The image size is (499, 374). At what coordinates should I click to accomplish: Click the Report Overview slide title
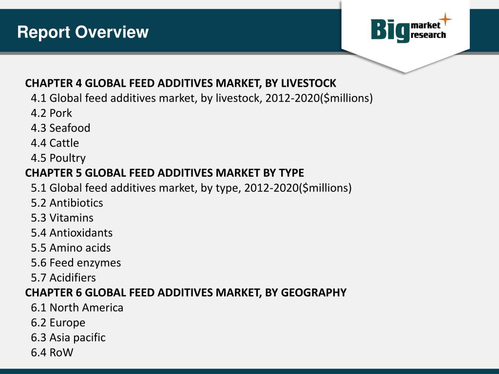(x=82, y=32)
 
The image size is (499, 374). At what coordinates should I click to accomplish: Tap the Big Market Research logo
(x=407, y=30)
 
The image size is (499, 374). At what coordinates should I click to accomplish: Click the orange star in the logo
(x=444, y=20)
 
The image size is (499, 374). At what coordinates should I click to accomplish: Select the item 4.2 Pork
(x=51, y=113)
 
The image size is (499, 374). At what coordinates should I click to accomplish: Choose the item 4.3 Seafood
(x=60, y=128)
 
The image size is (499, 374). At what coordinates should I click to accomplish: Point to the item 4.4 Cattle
(x=55, y=143)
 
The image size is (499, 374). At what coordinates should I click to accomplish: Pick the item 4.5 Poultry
(x=58, y=158)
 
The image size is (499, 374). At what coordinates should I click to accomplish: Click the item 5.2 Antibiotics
(x=67, y=203)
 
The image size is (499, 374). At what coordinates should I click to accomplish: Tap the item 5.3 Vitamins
(x=62, y=218)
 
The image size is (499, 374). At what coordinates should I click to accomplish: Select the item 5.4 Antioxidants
(x=72, y=233)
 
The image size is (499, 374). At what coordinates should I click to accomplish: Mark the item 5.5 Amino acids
(x=71, y=248)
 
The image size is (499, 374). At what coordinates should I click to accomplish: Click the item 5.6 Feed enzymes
(x=76, y=263)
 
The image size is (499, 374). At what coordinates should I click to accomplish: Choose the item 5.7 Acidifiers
(x=63, y=278)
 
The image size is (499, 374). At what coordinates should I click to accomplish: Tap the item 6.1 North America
(x=77, y=308)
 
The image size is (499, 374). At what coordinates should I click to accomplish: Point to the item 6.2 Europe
(x=58, y=323)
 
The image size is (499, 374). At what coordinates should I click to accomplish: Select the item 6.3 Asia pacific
(x=68, y=337)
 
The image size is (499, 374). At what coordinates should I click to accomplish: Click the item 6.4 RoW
(x=52, y=353)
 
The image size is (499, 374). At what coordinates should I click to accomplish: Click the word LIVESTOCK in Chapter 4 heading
(x=308, y=83)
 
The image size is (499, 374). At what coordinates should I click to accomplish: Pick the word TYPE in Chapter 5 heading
(x=291, y=173)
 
